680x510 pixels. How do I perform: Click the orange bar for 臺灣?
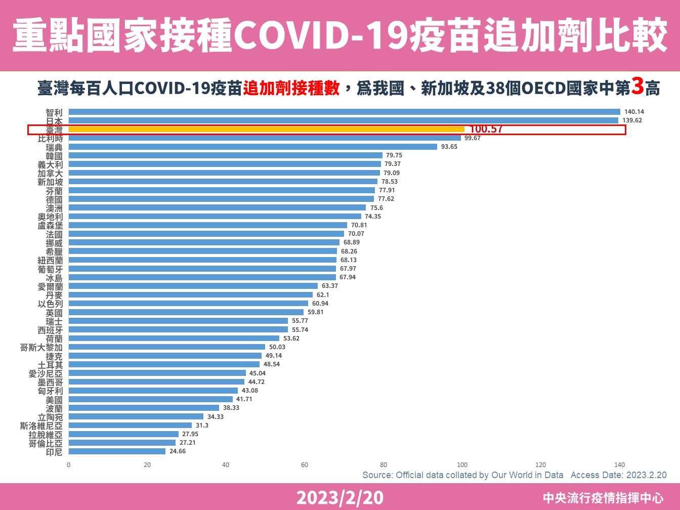(x=266, y=130)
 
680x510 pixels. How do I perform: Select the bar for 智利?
(x=344, y=112)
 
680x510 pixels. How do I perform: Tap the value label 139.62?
(x=632, y=120)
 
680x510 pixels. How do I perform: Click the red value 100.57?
(x=486, y=130)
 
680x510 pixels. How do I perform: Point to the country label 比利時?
(x=51, y=138)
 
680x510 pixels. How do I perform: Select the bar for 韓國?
(x=225, y=155)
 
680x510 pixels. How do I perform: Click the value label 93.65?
(x=449, y=147)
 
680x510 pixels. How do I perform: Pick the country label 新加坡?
(x=51, y=182)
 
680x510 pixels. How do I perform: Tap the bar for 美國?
(x=150, y=399)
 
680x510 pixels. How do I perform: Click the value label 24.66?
(x=177, y=451)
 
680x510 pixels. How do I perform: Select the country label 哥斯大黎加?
(x=41, y=347)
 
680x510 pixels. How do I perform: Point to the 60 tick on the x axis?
(x=305, y=464)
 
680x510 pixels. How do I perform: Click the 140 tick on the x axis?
(x=619, y=464)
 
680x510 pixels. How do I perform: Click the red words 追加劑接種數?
(x=291, y=89)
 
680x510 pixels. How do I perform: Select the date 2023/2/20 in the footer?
(x=339, y=498)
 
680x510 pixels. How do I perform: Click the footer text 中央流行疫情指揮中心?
(x=603, y=498)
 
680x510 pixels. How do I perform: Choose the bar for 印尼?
(x=117, y=451)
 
